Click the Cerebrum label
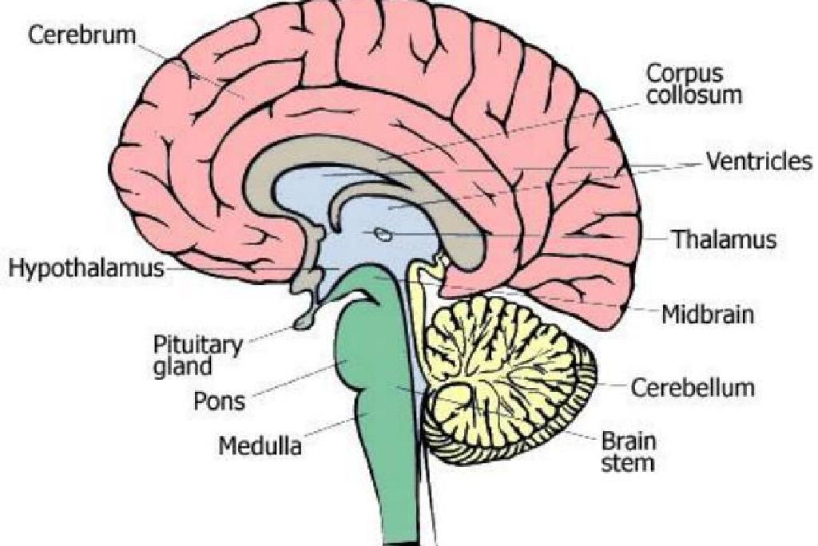[x=82, y=35]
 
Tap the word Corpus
[x=685, y=74]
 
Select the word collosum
[x=694, y=95]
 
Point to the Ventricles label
[x=759, y=161]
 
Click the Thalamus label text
[x=724, y=239]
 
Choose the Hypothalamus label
[x=86, y=268]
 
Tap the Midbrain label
[x=708, y=315]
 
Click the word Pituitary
[x=198, y=346]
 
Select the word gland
[x=183, y=366]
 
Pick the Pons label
[x=219, y=401]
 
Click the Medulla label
[x=260, y=446]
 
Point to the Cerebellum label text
[x=693, y=387]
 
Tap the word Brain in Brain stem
[x=629, y=441]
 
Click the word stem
[x=628, y=463]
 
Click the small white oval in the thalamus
[x=384, y=235]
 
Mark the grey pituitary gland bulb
[x=306, y=318]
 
